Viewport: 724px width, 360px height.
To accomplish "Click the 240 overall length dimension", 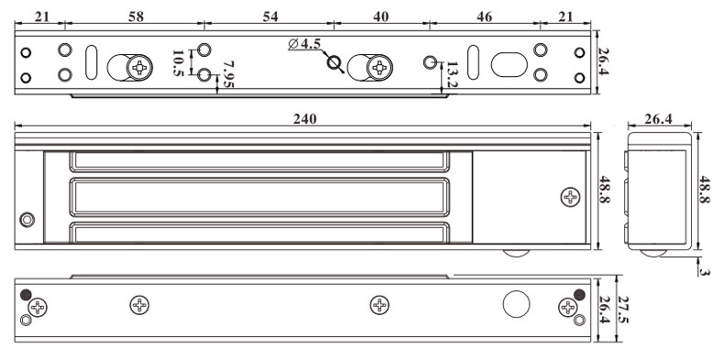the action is coord(305,119).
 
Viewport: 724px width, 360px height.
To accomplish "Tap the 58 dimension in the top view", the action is coord(136,16).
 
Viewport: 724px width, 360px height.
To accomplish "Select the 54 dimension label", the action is coord(270,16).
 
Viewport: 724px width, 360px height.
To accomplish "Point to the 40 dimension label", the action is coord(380,16).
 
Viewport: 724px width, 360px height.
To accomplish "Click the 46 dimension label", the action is coord(484,16).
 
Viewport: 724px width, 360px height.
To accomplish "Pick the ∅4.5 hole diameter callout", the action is coord(304,44).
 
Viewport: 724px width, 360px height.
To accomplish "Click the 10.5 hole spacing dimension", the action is coord(178,63).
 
